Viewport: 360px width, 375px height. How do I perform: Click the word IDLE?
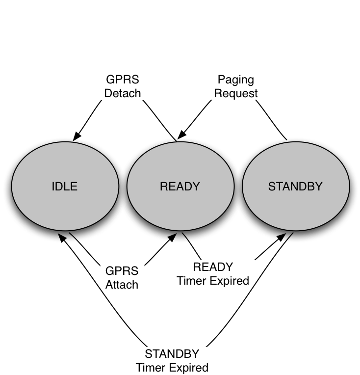click(x=65, y=187)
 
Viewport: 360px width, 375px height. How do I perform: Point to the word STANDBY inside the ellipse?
click(x=295, y=187)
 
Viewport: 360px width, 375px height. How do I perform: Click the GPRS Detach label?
click(x=123, y=86)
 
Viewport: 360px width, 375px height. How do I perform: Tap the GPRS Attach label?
click(x=122, y=278)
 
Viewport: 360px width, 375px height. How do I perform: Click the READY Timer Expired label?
click(x=213, y=274)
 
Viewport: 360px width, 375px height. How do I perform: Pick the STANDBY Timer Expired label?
click(x=172, y=361)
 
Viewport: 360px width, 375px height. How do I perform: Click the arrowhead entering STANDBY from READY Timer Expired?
click(x=282, y=237)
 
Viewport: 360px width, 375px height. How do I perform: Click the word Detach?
click(x=123, y=93)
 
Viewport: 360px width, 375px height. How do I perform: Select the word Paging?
click(x=236, y=80)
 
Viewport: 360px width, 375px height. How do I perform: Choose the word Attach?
click(x=122, y=285)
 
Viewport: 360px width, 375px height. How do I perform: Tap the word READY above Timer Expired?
click(x=213, y=268)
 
